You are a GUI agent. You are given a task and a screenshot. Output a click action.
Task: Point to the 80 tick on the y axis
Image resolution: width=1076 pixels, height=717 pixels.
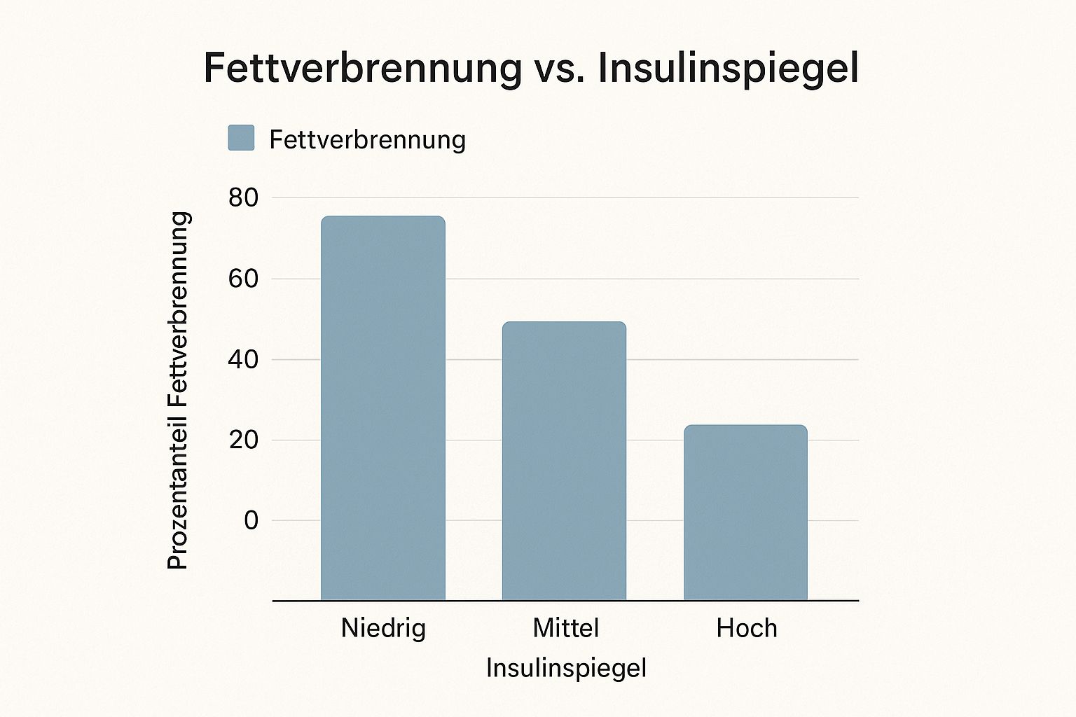243,198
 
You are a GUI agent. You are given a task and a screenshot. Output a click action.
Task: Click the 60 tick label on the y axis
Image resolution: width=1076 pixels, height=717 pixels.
243,279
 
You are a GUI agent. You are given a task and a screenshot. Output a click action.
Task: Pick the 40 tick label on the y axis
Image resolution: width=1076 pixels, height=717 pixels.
243,360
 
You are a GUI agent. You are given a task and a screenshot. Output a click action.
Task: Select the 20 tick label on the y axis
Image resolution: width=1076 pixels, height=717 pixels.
243,440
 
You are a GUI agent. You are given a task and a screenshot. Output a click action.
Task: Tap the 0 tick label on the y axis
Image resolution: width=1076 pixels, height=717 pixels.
251,521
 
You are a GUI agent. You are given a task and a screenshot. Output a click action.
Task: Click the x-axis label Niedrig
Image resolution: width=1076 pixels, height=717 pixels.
383,628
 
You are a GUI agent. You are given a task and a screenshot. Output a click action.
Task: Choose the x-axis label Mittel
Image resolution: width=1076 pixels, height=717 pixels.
565,628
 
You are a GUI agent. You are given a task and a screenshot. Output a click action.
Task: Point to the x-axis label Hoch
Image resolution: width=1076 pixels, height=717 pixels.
747,628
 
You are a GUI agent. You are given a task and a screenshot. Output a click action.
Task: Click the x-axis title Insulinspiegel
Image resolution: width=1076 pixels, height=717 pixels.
566,668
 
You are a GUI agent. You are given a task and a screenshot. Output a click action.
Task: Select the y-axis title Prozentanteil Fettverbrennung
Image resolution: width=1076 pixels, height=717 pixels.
179,390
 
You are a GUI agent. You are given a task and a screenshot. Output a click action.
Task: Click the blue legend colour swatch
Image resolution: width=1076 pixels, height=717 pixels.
241,138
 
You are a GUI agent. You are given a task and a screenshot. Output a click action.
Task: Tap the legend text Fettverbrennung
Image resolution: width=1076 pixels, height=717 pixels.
367,139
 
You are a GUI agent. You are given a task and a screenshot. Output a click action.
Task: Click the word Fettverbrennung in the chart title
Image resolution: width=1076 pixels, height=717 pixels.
362,68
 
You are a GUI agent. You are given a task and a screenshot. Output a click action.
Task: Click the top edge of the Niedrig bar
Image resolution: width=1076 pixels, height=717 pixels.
383,216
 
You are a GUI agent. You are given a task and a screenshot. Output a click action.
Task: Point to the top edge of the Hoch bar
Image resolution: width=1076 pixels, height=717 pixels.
745,425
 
